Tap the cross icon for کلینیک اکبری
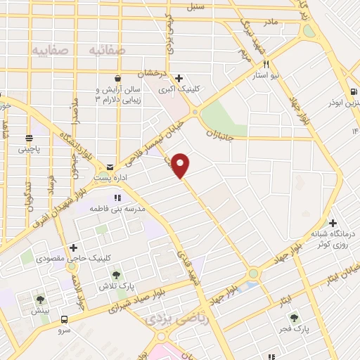pos(179,78)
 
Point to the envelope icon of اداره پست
pos(109,167)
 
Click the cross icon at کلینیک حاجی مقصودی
pos(73,247)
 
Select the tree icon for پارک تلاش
pos(116,276)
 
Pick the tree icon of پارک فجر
pos(294,316)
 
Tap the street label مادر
pos(271,22)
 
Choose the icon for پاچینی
pos(30,138)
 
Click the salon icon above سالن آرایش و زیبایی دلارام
pos(124,79)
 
